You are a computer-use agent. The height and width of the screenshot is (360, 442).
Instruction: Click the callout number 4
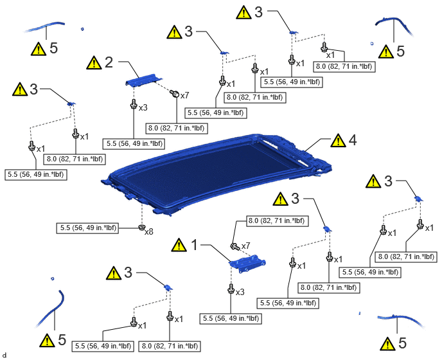click(353, 140)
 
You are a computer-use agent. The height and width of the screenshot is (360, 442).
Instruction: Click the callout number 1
click(195, 245)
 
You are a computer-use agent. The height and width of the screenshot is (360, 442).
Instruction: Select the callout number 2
click(109, 62)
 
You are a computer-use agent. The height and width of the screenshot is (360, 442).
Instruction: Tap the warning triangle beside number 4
click(339, 140)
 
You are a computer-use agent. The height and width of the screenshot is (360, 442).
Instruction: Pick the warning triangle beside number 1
click(179, 245)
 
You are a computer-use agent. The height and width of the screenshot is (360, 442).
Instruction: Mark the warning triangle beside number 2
click(94, 62)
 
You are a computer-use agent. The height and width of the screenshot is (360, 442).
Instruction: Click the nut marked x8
click(142, 228)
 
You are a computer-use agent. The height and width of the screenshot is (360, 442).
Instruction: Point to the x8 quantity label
click(149, 232)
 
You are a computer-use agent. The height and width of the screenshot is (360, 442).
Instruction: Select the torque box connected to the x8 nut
click(87, 228)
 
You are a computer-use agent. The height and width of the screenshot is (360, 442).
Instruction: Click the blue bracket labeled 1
click(247, 263)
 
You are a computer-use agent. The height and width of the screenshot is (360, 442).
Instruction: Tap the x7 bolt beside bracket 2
click(175, 93)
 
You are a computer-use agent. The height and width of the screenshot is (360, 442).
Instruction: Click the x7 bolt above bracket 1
click(235, 247)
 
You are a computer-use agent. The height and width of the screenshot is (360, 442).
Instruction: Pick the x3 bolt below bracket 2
click(134, 104)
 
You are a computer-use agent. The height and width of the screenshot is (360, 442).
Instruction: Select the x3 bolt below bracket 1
click(231, 289)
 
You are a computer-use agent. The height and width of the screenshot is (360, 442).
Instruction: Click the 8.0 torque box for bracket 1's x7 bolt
click(277, 221)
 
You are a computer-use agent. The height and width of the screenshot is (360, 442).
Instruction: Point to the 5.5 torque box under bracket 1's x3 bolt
click(231, 318)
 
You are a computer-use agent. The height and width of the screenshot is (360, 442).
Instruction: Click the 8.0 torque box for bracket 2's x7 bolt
click(177, 128)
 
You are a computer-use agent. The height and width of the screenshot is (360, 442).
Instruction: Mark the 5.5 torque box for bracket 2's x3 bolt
click(134, 143)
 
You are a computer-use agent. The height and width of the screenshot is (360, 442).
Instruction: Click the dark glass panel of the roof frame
click(209, 174)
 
